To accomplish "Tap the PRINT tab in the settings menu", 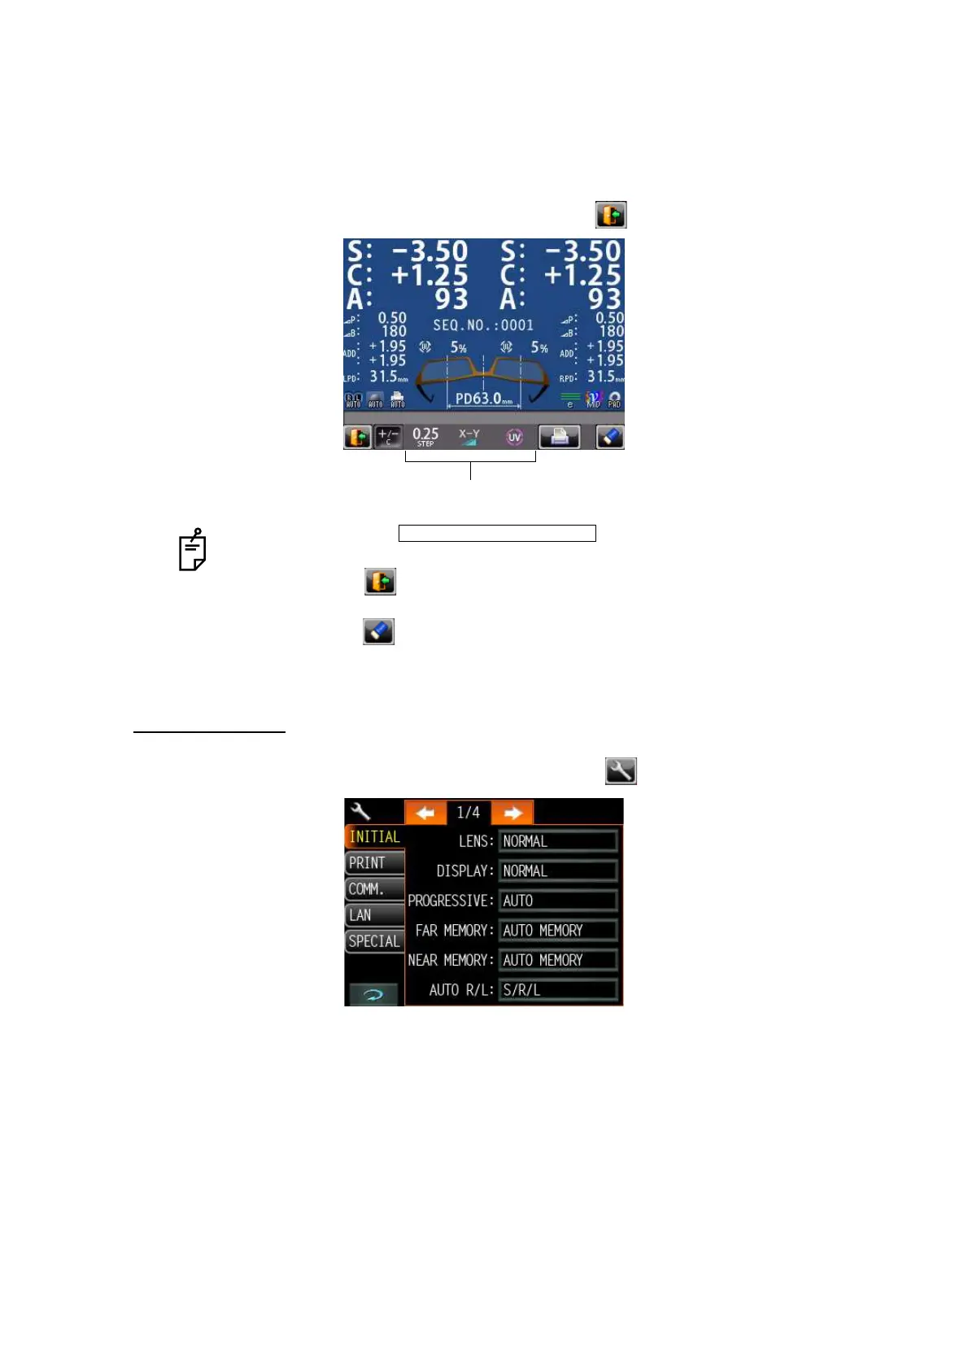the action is [x=373, y=863].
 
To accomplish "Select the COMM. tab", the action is [x=373, y=889].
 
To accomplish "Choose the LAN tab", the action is [x=373, y=915].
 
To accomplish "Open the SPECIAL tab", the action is [x=374, y=941].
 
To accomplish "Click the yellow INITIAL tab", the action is [x=374, y=837].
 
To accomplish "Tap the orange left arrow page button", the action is [x=425, y=813].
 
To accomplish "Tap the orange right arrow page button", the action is [x=512, y=813].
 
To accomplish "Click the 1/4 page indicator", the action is [x=469, y=813].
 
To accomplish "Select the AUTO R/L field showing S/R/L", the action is [x=558, y=990].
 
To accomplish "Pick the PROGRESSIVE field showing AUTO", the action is [x=558, y=901].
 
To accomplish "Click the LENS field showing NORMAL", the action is [x=558, y=841].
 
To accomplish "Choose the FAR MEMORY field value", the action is [x=558, y=931].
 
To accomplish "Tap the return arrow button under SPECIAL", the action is [x=373, y=994].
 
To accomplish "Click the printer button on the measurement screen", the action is [x=559, y=437].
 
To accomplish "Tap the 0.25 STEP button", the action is [x=425, y=437].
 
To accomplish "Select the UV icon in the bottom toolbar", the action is [x=514, y=437].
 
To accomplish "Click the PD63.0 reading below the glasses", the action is [x=484, y=399].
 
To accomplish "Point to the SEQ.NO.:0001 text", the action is [x=483, y=325].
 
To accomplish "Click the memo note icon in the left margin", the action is [x=193, y=550].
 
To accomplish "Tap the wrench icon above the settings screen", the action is [x=621, y=770].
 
